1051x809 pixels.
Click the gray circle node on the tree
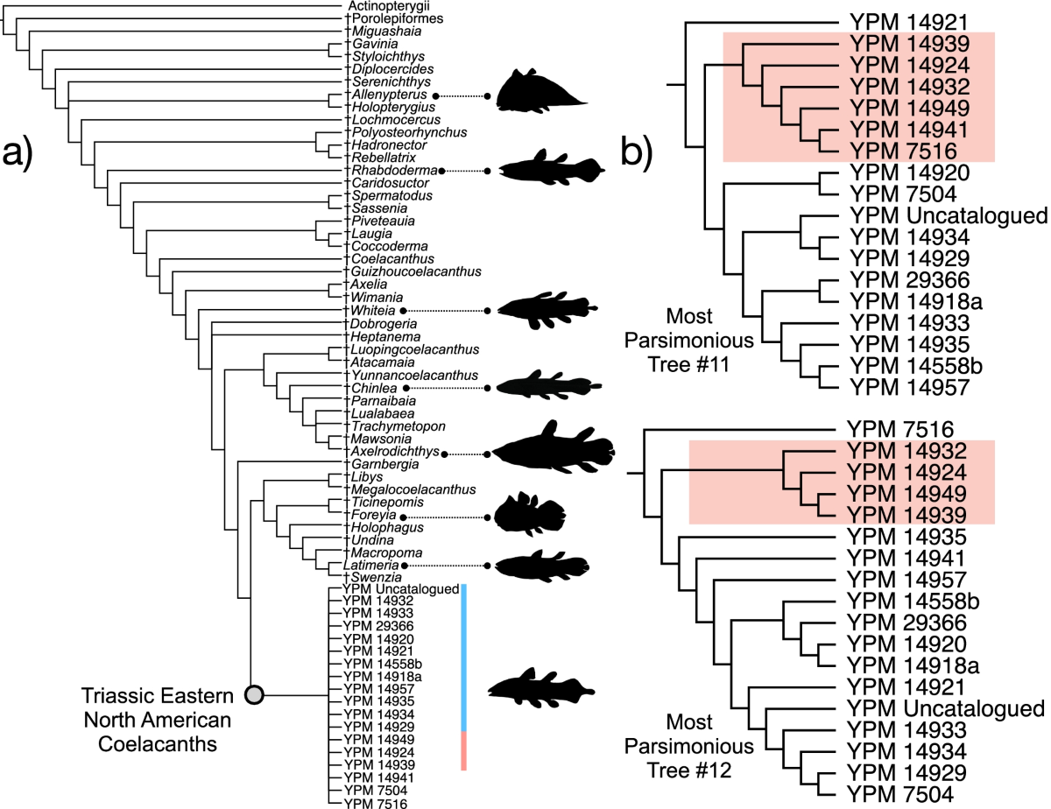tap(254, 695)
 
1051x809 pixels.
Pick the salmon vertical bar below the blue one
tap(463, 751)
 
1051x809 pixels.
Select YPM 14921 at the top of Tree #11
tap(906, 23)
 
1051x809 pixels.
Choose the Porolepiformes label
tap(395, 18)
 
